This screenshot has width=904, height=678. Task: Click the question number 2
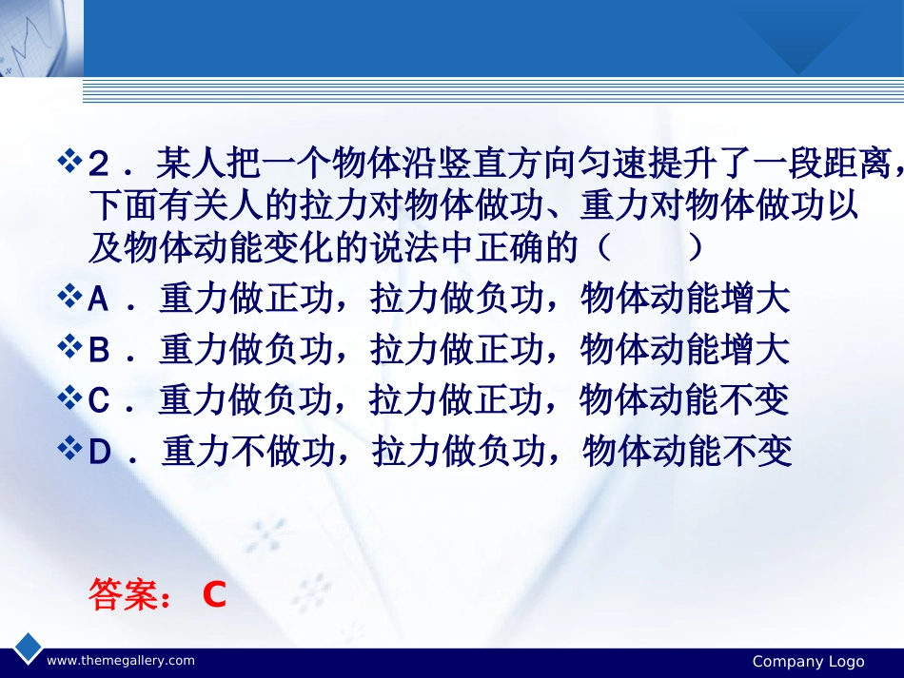point(99,164)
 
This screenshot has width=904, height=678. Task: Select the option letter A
point(99,300)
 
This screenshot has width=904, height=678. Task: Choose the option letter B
point(99,350)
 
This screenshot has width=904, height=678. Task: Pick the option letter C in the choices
point(99,399)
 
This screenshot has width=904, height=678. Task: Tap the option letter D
point(100,451)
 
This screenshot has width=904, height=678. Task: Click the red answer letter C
point(214,594)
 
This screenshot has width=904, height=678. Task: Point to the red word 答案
point(124,594)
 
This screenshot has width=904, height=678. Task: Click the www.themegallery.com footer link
point(121,660)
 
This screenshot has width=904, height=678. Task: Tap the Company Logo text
point(808,661)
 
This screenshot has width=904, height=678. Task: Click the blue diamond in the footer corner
point(28,648)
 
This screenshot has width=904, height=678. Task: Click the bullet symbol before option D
point(69,448)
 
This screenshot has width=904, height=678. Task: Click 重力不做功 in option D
point(248,451)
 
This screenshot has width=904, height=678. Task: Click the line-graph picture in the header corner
point(42,38)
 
